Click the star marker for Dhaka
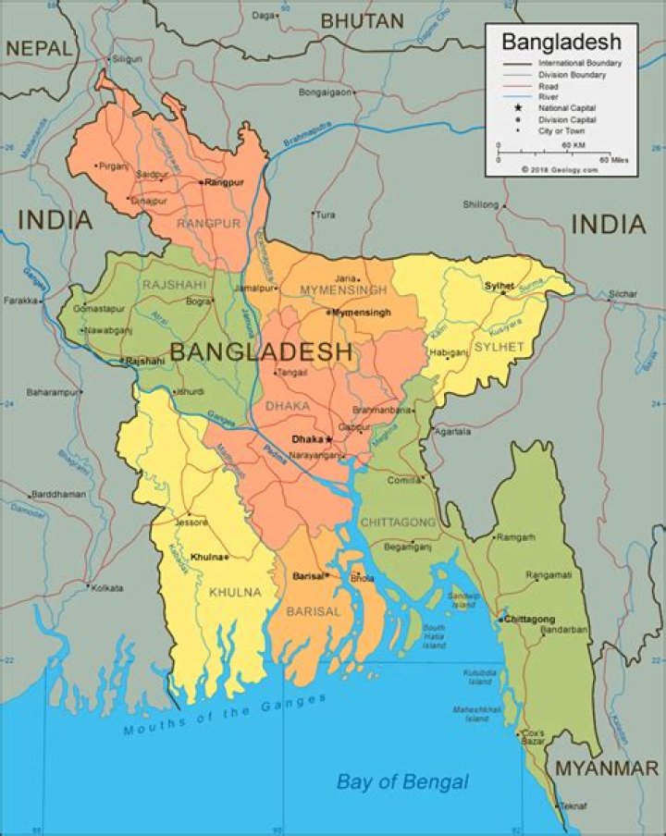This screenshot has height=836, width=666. (328, 439)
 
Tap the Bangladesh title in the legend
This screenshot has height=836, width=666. (561, 42)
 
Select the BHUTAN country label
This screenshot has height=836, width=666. (362, 20)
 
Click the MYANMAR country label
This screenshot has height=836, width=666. (606, 768)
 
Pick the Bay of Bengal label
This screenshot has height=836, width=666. (401, 781)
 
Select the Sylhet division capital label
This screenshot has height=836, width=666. (499, 286)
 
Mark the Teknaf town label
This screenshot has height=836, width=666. (573, 806)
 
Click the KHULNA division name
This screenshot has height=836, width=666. (235, 592)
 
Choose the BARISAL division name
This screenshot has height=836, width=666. (314, 611)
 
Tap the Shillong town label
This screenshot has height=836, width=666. (480, 203)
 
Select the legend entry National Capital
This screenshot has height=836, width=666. (567, 108)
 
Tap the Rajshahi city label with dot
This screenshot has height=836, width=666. (144, 361)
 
